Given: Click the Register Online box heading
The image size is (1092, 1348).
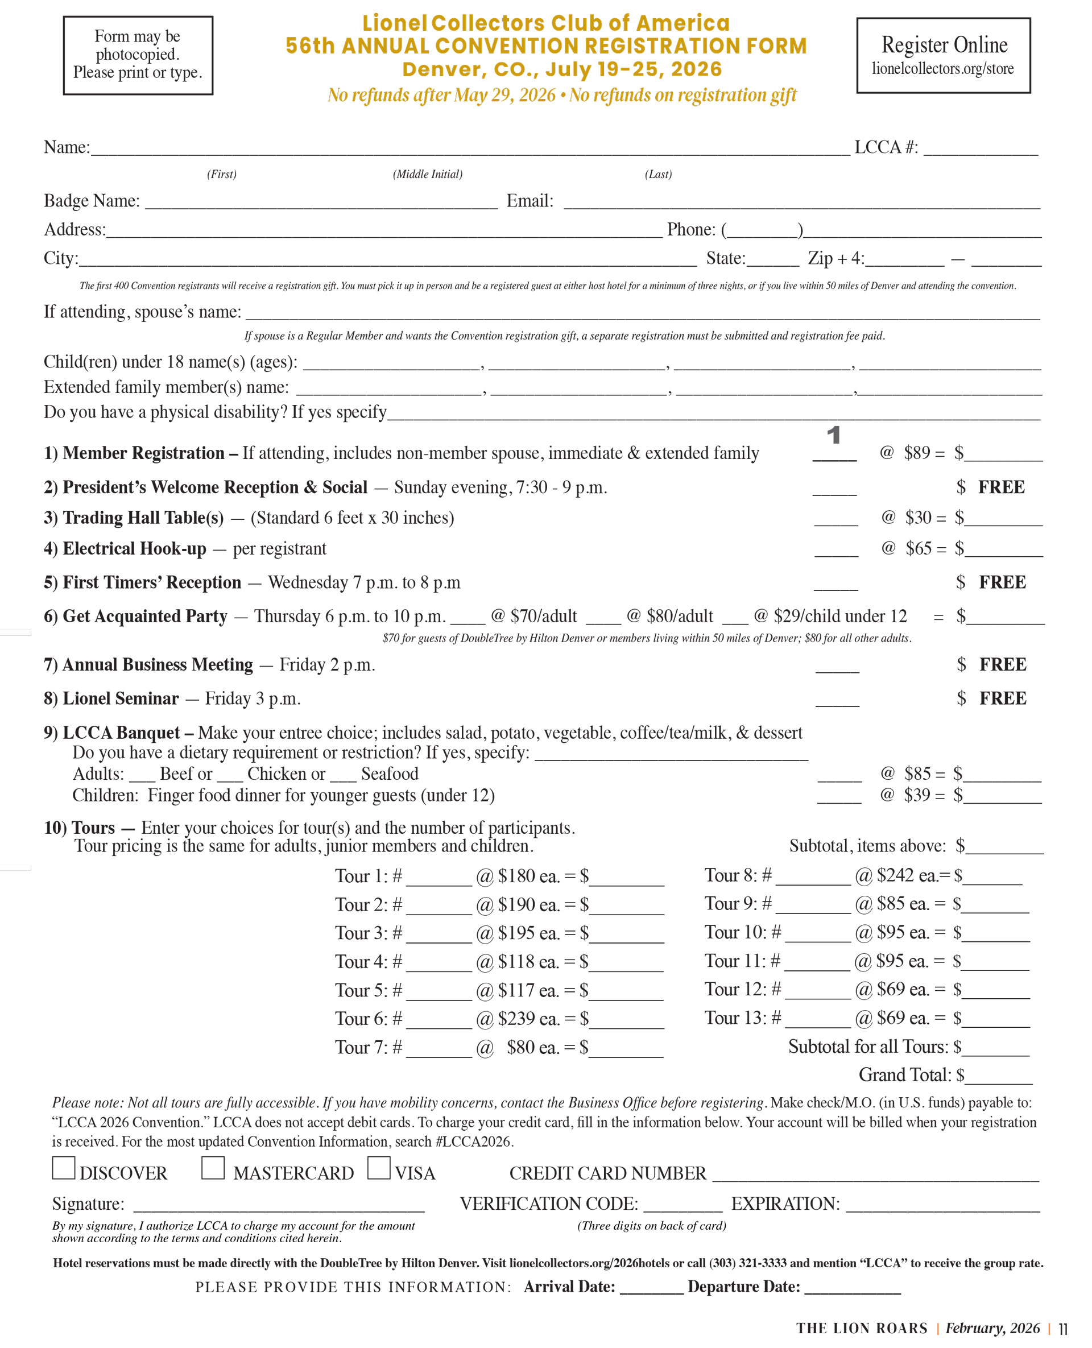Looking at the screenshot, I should point(944,46).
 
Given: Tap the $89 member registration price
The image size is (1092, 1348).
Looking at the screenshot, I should point(916,453).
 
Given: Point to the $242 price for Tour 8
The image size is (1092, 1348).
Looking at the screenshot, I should point(896,875).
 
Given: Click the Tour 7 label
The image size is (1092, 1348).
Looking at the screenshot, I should point(361,1047).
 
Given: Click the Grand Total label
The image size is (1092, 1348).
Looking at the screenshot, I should point(904,1075).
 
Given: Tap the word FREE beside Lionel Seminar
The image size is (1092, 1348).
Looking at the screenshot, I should point(1003,698).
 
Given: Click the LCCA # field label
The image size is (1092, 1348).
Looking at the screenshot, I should point(886,147).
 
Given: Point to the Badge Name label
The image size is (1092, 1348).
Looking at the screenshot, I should point(92,201).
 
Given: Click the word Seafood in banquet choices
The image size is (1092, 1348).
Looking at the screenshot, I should point(390,774).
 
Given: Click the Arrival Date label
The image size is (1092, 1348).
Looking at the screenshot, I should point(569,1287).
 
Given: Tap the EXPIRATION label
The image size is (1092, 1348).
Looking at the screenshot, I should point(785,1204).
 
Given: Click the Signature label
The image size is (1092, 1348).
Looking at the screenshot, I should point(88,1204).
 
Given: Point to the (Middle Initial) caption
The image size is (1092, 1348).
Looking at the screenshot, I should point(427,174).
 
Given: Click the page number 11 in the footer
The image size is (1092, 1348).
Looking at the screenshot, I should point(1062,1329).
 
